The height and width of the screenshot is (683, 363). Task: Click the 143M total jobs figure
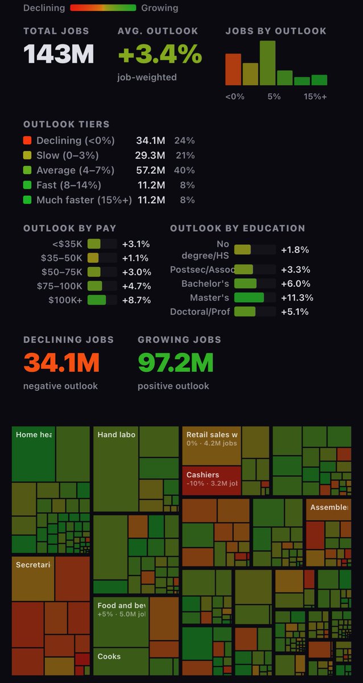click(59, 54)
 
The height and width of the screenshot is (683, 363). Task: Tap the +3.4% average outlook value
click(160, 55)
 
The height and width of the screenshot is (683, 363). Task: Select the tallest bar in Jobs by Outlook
click(267, 63)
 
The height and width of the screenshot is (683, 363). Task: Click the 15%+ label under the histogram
click(315, 97)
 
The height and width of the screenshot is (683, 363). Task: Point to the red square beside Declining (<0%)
click(27, 141)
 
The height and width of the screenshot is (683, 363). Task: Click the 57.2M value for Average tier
click(150, 170)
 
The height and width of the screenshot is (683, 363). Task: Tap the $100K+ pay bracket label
click(66, 300)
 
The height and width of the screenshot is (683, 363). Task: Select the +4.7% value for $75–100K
click(136, 286)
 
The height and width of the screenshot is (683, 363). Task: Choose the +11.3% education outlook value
click(297, 298)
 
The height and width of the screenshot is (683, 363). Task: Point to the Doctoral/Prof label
click(200, 312)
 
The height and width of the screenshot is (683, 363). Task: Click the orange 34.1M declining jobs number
click(61, 363)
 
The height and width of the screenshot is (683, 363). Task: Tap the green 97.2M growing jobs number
click(175, 363)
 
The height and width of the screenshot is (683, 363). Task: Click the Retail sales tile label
click(212, 435)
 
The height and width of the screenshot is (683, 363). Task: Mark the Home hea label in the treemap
click(34, 435)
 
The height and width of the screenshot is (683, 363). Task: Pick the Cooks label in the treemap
click(109, 656)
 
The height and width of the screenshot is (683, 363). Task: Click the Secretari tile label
click(33, 565)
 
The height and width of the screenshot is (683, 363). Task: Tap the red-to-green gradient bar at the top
click(103, 8)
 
